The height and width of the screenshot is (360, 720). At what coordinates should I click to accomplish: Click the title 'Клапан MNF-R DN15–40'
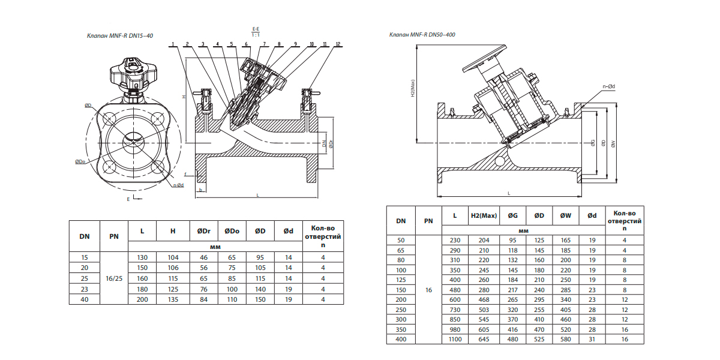tap(120, 35)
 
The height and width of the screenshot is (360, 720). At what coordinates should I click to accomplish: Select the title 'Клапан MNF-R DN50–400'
tap(422, 35)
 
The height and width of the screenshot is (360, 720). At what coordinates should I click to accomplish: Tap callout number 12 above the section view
tap(338, 44)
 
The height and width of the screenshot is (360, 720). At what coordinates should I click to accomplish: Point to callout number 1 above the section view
tap(173, 44)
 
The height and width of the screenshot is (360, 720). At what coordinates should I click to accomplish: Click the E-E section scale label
tap(256, 32)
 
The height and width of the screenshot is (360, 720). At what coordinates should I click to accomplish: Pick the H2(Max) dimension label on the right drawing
tap(413, 88)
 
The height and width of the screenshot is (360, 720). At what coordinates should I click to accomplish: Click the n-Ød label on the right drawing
tap(609, 86)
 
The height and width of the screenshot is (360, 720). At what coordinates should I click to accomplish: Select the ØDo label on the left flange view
tap(80, 161)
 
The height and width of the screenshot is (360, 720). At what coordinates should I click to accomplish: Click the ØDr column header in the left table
tap(204, 231)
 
